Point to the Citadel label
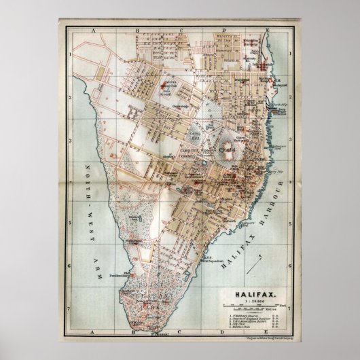(x=226, y=148)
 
